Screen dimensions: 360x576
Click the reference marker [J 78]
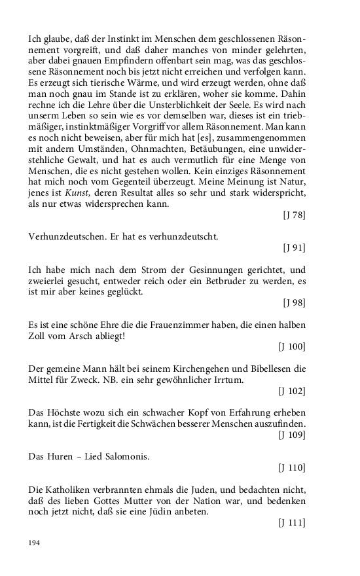pyautogui.click(x=294, y=215)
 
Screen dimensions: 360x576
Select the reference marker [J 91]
pyautogui.click(x=294, y=247)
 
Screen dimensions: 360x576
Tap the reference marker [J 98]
pyautogui.click(x=294, y=302)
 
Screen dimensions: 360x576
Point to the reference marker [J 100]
pyautogui.click(x=292, y=346)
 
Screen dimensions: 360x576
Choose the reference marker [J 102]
pyautogui.click(x=292, y=391)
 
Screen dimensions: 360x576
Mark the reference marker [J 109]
pyautogui.click(x=292, y=434)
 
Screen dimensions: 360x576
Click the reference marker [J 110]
pyautogui.click(x=292, y=467)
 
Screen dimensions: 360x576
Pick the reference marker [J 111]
pyautogui.click(x=292, y=522)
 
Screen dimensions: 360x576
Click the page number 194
pyautogui.click(x=35, y=543)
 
